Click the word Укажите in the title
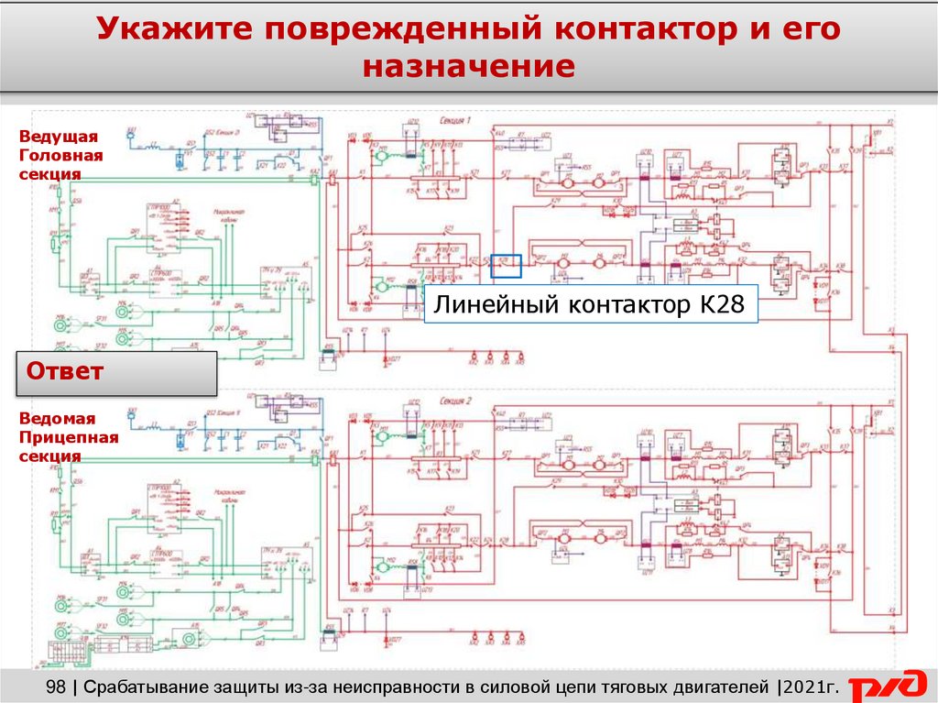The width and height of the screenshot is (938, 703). click(173, 29)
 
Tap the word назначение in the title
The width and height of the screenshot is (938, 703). click(469, 67)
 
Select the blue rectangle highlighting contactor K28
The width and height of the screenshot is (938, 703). click(507, 266)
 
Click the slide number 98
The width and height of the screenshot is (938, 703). click(56, 686)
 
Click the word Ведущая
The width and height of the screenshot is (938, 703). click(58, 137)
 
